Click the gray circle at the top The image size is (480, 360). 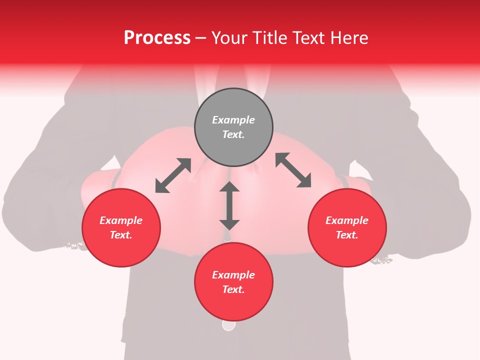[x=233, y=127]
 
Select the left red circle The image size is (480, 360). [x=121, y=228]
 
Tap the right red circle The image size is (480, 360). [x=347, y=228]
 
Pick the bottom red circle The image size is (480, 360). [x=233, y=282]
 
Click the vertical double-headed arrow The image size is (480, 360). [x=229, y=205]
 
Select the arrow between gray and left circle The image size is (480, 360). [x=173, y=175]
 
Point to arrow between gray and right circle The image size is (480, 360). [x=293, y=170]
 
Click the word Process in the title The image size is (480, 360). [x=157, y=38]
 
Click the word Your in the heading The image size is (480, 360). [x=228, y=38]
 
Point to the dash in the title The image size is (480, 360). [x=200, y=38]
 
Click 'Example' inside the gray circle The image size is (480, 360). [x=233, y=120]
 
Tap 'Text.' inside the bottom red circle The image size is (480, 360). [x=233, y=289]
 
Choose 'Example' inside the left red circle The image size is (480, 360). [x=121, y=220]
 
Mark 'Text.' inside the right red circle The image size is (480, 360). [x=347, y=235]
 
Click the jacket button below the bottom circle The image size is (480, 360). [x=228, y=325]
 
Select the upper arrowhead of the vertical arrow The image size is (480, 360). [x=229, y=187]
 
